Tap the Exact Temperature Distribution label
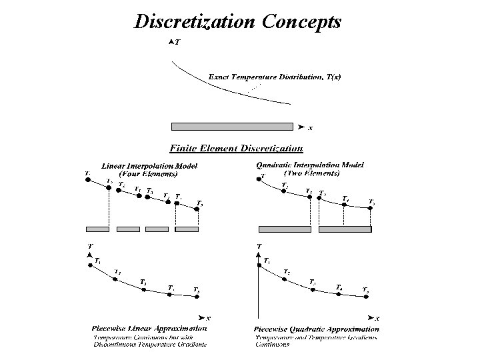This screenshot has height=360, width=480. (x=275, y=77)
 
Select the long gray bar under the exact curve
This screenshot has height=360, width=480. (x=231, y=127)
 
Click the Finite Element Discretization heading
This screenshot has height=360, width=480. (x=237, y=148)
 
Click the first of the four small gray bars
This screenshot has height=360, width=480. (x=97, y=229)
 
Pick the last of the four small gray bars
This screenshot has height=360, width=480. (x=186, y=229)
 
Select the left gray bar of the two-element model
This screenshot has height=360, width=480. (x=285, y=229)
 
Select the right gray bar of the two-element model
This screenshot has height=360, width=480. (x=345, y=229)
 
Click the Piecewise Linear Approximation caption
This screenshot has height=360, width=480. (x=149, y=329)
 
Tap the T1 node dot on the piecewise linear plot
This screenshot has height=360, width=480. (x=89, y=265)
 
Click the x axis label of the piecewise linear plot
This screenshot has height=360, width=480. (x=209, y=318)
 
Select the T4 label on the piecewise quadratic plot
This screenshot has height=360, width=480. (x=339, y=287)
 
